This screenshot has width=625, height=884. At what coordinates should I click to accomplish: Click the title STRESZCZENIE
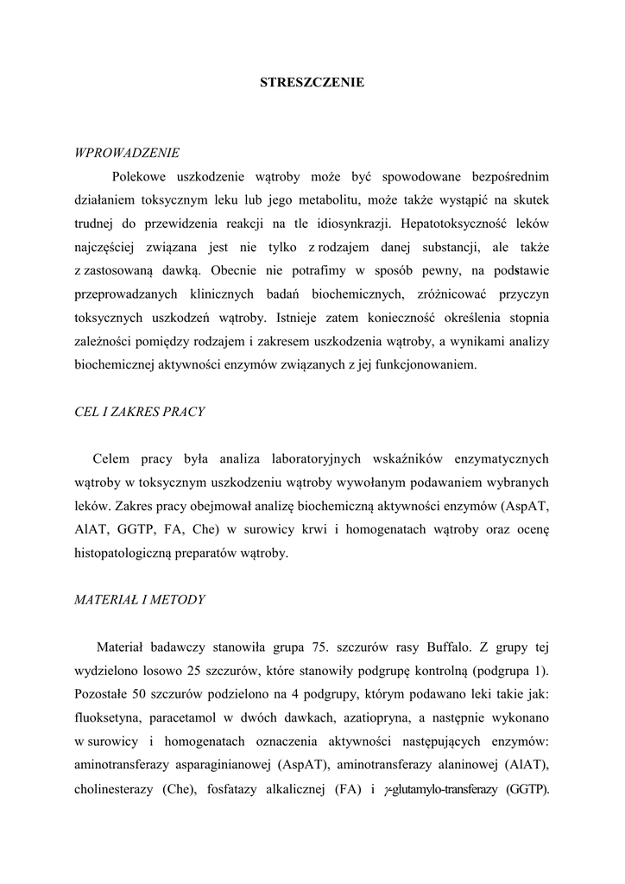(312, 83)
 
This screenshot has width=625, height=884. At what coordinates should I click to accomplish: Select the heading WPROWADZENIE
(128, 153)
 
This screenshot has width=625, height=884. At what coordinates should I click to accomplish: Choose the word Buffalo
(445, 647)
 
